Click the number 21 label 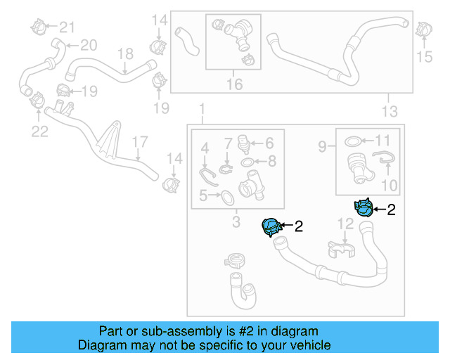pyautogui.click(x=66, y=27)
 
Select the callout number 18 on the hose pyautogui.click(x=124, y=53)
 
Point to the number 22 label pyautogui.click(x=39, y=131)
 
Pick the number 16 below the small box pyautogui.click(x=233, y=84)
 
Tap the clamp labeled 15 pyautogui.click(x=423, y=30)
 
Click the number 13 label pyautogui.click(x=389, y=111)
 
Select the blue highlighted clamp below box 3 pyautogui.click(x=271, y=226)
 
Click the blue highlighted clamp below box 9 pyautogui.click(x=364, y=207)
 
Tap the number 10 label pyautogui.click(x=389, y=186)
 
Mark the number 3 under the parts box pyautogui.click(x=236, y=223)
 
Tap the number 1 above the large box pyautogui.click(x=202, y=110)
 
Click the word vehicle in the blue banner pyautogui.click(x=307, y=345)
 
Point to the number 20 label pyautogui.click(x=88, y=46)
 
